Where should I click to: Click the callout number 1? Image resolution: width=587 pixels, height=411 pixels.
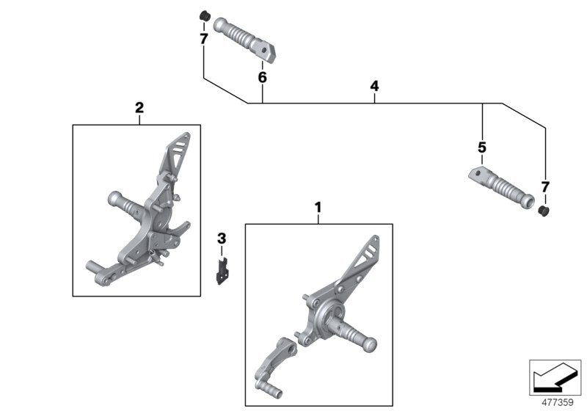click(318, 208)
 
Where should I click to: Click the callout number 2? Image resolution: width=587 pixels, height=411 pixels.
click(139, 108)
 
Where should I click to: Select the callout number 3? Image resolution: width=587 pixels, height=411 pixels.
click(222, 238)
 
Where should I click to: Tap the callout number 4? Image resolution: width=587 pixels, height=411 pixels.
click(374, 87)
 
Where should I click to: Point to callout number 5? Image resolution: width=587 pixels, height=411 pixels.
click(482, 148)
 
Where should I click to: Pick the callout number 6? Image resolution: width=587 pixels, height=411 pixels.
click(262, 77)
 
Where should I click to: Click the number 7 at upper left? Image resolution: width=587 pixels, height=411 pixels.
click(203, 38)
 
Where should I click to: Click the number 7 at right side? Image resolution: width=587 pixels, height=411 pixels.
click(544, 187)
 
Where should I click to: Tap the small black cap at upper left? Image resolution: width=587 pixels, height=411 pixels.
click(205, 15)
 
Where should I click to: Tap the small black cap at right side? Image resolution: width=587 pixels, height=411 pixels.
click(544, 211)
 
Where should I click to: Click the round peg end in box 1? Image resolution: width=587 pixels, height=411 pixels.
click(370, 344)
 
